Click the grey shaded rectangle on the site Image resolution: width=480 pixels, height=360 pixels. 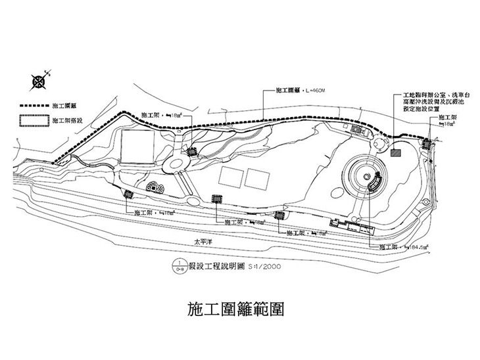tap(395, 152)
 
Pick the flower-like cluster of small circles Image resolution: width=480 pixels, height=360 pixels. tap(155, 187)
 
